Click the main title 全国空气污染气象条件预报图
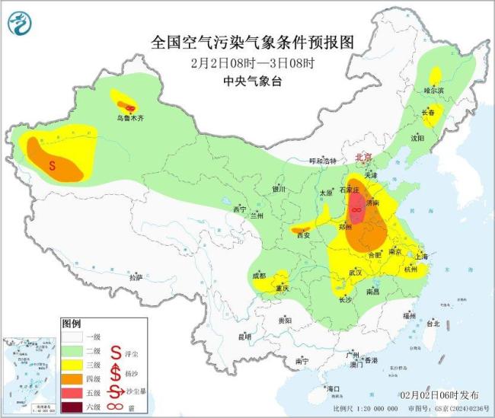(254, 40)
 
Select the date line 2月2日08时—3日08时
(253, 63)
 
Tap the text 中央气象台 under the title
(252, 81)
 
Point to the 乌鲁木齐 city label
(129, 118)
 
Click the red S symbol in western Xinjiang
(53, 164)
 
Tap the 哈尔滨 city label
(433, 90)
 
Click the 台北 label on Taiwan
(433, 324)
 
